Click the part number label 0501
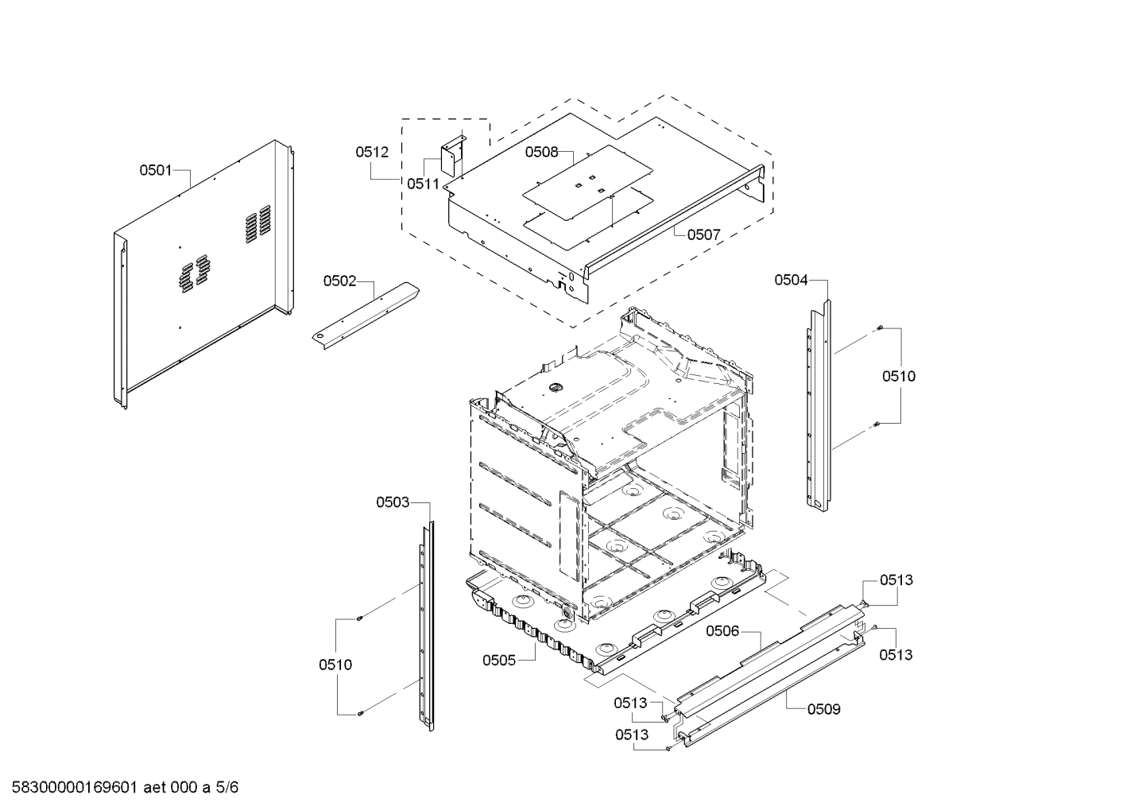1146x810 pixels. (156, 169)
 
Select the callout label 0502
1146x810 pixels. (339, 281)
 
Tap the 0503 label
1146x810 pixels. (393, 502)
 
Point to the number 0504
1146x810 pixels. (791, 279)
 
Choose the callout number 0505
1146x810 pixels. (499, 660)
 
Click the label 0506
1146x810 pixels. (722, 630)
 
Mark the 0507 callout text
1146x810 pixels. (703, 234)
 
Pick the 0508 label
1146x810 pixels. (541, 152)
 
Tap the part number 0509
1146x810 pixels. (823, 709)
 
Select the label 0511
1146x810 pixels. (423, 184)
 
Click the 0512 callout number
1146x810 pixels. (372, 152)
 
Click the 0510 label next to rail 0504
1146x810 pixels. (898, 376)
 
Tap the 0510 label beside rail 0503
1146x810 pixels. (335, 665)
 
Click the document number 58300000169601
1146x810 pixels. (76, 788)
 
